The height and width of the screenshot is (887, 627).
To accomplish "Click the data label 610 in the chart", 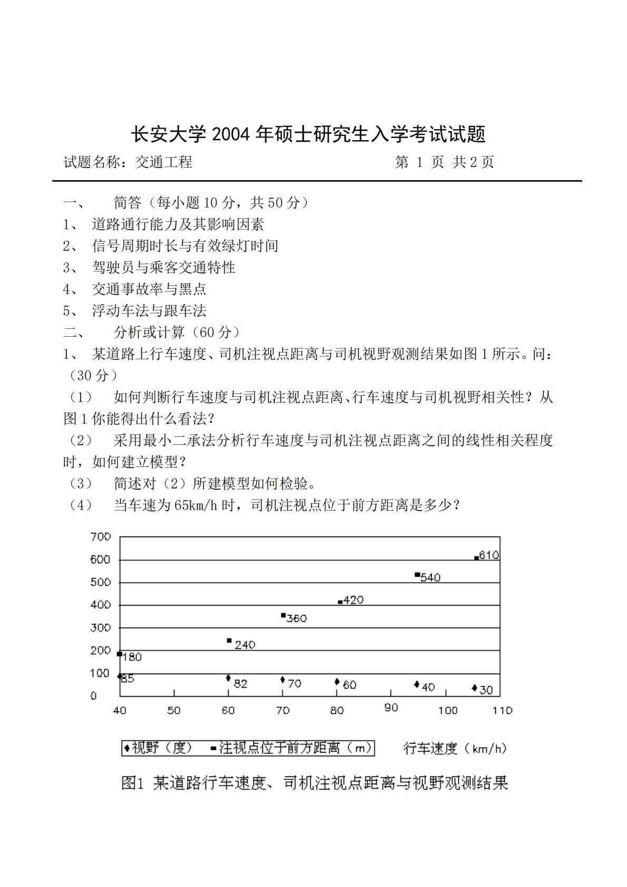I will (x=489, y=555).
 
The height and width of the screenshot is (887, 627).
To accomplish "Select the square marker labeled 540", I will (x=417, y=574).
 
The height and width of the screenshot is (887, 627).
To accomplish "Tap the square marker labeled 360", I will (x=283, y=615).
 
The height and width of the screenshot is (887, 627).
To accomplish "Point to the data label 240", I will (x=245, y=645).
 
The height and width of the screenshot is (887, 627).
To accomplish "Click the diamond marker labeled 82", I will (x=228, y=678).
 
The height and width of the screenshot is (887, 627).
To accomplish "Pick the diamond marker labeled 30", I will (x=475, y=688).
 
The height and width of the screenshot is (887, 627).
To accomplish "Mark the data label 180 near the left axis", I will (x=132, y=657).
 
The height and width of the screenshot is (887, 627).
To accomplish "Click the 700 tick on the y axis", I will (x=101, y=537).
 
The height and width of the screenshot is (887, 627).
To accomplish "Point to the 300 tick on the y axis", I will (x=101, y=628).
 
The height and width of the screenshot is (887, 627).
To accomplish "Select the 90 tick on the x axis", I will (x=391, y=708).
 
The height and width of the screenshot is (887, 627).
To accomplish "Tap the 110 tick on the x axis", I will (x=502, y=710).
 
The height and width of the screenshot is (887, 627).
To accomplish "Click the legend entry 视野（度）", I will (x=158, y=748).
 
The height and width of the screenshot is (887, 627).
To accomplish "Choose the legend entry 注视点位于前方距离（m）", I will (x=292, y=748).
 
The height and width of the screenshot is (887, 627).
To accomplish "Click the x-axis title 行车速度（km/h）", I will (x=455, y=748).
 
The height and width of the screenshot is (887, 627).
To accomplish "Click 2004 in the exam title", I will (x=230, y=134).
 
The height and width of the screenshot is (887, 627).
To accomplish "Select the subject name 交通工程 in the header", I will (x=164, y=162).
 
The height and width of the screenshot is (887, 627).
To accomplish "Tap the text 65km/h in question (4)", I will (x=196, y=505).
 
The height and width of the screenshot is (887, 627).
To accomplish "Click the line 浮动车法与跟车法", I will (x=149, y=310).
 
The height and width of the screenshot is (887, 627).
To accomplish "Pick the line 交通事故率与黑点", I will (x=149, y=289).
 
